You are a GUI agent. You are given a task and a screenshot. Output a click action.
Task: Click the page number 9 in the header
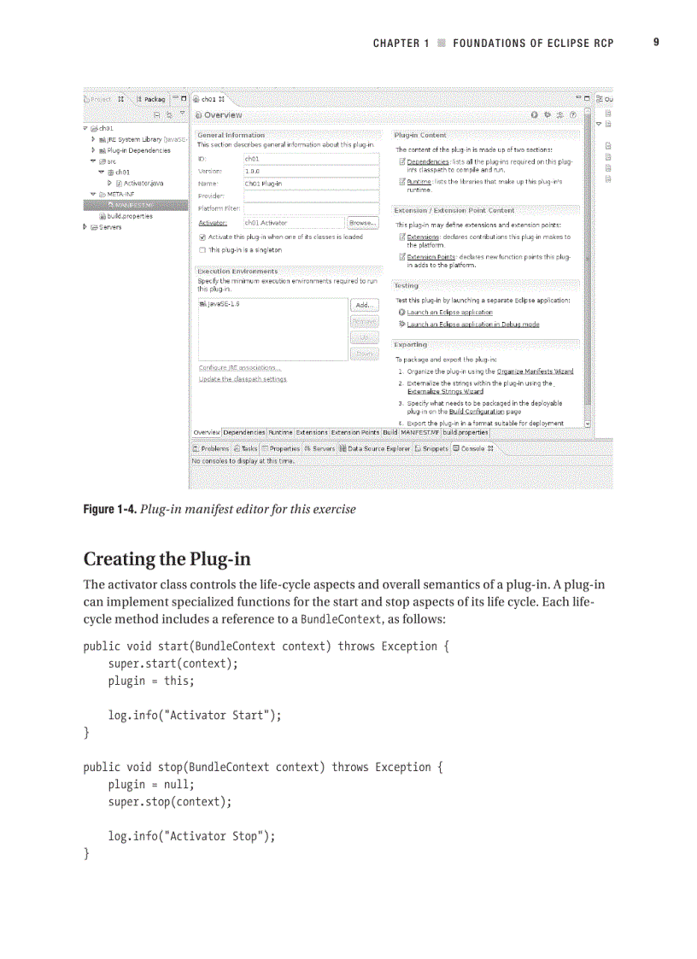656,42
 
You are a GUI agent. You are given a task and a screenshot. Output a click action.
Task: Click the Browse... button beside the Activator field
363,223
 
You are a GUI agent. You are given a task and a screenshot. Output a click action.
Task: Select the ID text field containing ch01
311,158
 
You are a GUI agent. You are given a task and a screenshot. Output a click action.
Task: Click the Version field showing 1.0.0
311,171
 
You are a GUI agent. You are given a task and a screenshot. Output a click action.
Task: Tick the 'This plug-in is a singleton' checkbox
202,250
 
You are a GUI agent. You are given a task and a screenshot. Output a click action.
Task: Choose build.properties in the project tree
130,216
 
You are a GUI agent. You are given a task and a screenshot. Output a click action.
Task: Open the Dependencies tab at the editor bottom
244,433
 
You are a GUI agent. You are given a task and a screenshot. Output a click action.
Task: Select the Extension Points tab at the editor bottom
354,433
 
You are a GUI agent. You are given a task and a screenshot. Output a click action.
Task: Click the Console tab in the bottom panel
472,448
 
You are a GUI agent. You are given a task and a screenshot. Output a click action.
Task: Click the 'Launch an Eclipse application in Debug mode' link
472,325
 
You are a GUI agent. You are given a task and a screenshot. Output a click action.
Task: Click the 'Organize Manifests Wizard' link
535,371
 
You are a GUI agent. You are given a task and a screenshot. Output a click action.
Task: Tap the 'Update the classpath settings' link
242,378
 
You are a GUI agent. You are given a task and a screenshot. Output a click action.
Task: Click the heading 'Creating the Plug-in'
167,559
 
